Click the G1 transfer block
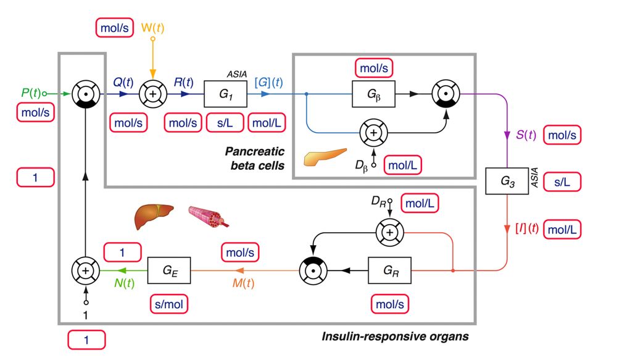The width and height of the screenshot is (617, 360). click(225, 94)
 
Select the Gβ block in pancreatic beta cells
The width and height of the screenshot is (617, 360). click(374, 94)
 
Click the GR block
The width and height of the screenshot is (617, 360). click(389, 270)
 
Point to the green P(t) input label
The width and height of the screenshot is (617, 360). click(30, 93)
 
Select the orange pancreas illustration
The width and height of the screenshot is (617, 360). click(325, 157)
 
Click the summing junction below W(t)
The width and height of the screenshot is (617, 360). click(152, 94)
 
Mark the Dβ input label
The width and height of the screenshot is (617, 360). click(363, 166)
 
